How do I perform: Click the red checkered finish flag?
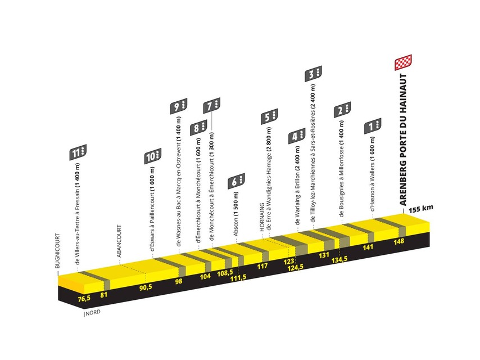click(403, 62)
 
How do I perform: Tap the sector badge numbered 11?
click(78, 152)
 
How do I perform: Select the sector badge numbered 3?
click(313, 74)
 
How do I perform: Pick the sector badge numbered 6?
click(236, 181)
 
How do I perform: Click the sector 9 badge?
click(179, 106)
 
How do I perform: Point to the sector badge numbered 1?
click(373, 126)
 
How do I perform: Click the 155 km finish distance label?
click(421, 209)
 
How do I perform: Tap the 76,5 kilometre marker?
click(84, 298)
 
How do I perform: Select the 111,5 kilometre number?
click(238, 277)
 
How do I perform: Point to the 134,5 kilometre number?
click(339, 259)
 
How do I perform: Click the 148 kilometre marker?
click(399, 242)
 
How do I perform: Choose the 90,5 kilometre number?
click(146, 287)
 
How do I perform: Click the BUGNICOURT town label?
click(57, 251)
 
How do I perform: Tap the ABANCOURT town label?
click(119, 241)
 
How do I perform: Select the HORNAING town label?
click(262, 217)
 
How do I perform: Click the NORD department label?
click(93, 313)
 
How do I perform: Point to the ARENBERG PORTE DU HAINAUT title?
click(403, 139)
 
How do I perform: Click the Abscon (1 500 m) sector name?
click(236, 214)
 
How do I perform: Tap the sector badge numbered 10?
click(153, 156)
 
